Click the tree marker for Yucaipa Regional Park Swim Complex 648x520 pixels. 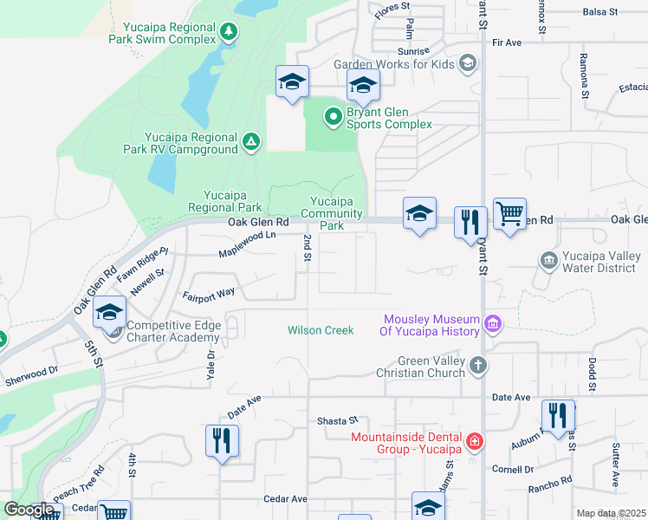[229, 33]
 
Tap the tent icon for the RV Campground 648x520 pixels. [251, 142]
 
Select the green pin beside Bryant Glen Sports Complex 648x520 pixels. [332, 116]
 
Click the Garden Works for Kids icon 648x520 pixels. [468, 63]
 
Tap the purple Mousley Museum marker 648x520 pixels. [493, 324]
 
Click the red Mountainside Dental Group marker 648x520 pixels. [474, 443]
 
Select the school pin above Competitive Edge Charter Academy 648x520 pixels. [110, 312]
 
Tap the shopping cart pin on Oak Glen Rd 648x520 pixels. [509, 213]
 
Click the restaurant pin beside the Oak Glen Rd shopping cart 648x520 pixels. [470, 223]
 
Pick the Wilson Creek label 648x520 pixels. [321, 330]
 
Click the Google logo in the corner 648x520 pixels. [29, 510]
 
